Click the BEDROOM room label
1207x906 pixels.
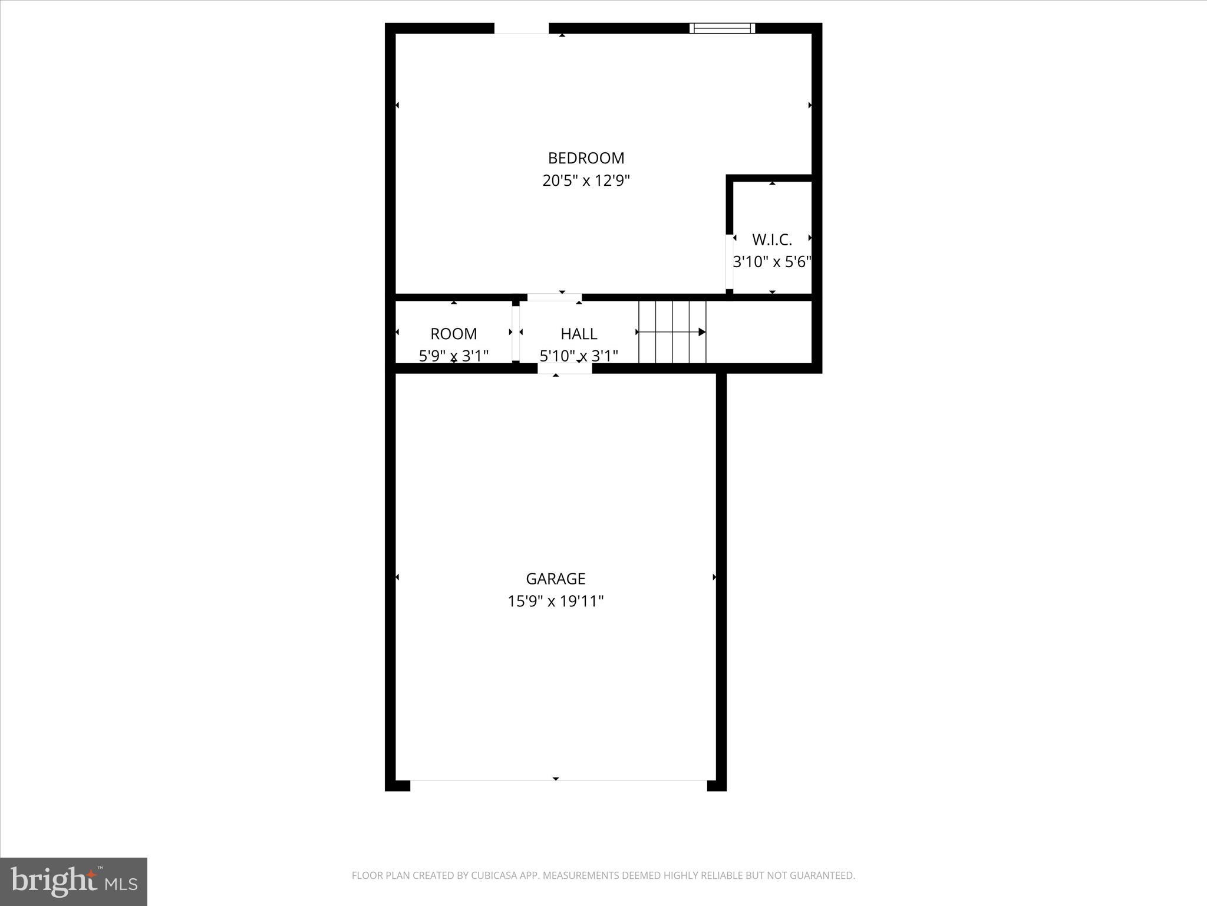coord(586,158)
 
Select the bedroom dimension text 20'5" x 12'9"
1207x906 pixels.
coord(586,180)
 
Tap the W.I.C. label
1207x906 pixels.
coord(771,239)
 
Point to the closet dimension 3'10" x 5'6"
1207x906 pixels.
coord(771,262)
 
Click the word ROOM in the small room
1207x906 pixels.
coord(453,334)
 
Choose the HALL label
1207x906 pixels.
coord(579,334)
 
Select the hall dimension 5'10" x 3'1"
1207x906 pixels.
coord(579,356)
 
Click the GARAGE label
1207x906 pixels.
coord(555,579)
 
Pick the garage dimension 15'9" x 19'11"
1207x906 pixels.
coord(555,601)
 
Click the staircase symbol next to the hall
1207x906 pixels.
coord(672,332)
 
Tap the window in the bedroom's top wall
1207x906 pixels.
coord(722,28)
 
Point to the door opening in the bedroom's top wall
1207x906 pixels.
coord(521,28)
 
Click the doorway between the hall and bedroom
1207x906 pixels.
coord(554,297)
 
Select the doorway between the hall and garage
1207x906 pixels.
coord(564,369)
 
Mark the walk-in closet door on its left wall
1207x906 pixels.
coord(729,262)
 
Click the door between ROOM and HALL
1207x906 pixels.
coord(516,333)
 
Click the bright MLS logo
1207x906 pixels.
coord(74,881)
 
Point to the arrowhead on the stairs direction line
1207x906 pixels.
coord(702,332)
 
